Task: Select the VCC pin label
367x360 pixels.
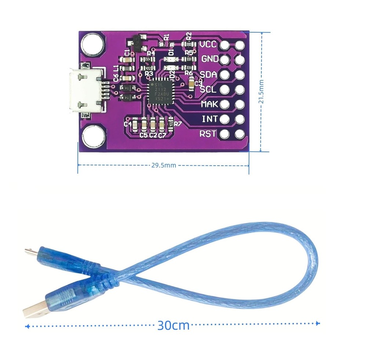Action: tap(208, 45)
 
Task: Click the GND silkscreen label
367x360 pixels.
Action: tap(209, 59)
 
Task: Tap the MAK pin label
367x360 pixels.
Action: tap(210, 104)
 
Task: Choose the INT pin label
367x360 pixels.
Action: tap(210, 119)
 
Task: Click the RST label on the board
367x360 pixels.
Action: tap(208, 134)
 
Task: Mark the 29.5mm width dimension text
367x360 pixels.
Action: tap(164, 165)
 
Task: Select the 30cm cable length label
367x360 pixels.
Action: tap(173, 325)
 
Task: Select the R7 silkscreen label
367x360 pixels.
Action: tap(178, 124)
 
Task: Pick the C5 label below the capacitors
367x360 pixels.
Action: tap(143, 135)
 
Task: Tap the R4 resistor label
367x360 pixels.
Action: tap(150, 53)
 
